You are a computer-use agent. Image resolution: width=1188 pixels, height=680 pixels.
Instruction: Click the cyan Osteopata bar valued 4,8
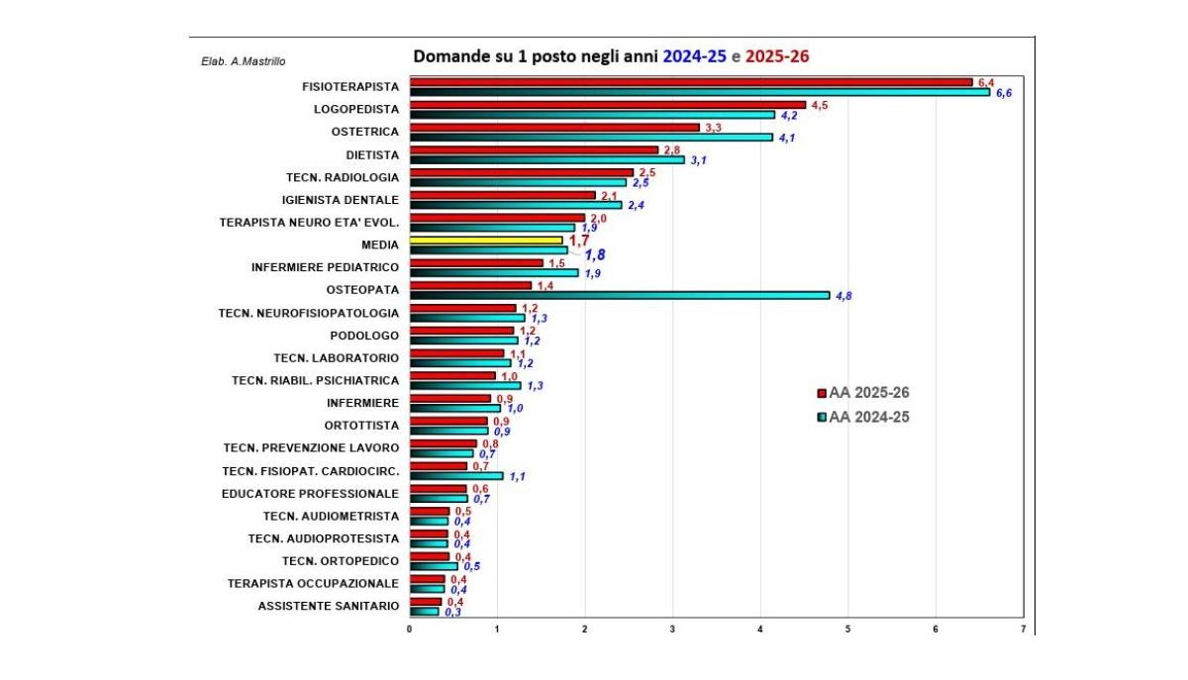[619, 295]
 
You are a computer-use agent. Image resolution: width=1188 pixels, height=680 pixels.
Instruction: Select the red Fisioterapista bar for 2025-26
[691, 82]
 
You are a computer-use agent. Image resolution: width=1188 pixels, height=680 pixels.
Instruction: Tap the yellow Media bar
[486, 241]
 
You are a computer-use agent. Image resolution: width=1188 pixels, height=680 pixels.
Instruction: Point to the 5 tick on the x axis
[847, 629]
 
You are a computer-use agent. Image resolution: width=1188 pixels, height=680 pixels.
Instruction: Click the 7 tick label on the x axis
[1023, 629]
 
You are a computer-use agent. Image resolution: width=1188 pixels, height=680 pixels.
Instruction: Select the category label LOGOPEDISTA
[356, 109]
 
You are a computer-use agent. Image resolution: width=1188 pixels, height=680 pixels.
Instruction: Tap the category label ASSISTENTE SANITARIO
[329, 606]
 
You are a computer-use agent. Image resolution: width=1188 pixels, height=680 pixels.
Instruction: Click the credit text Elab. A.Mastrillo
[244, 61]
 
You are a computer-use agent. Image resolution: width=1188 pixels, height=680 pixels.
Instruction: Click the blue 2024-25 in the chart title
[695, 56]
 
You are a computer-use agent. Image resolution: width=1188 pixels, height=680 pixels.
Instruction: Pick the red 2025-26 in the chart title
[777, 56]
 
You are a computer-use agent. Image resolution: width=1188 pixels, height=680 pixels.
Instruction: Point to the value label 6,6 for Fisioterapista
[1003, 93]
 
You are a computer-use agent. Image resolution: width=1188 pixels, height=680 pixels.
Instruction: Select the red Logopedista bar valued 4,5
[608, 105]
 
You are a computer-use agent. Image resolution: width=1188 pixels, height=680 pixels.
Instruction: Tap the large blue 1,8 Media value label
[594, 254]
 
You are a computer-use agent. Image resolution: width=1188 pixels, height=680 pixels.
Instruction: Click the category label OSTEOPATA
[362, 290]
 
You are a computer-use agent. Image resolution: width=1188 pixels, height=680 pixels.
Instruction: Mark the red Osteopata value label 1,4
[544, 285]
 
